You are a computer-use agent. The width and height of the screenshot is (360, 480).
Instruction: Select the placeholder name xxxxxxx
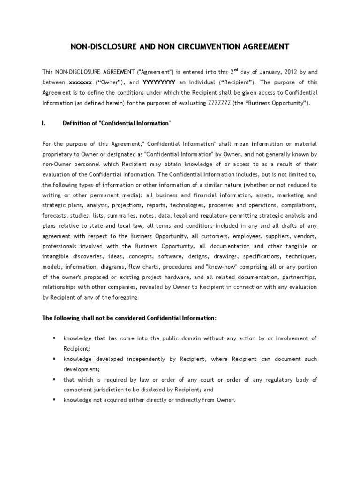(x=81, y=82)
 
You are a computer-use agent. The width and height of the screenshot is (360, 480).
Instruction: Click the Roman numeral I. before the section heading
(x=44, y=123)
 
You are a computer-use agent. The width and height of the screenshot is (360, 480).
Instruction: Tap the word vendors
(x=305, y=236)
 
